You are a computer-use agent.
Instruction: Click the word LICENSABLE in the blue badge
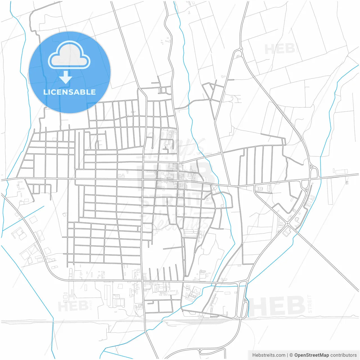[69, 92]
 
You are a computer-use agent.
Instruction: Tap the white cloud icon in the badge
[69, 55]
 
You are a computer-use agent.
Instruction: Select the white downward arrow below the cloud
[66, 77]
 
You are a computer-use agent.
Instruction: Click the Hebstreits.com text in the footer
[269, 355]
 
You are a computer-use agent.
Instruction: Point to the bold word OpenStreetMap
[311, 355]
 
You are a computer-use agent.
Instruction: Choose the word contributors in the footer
[343, 355]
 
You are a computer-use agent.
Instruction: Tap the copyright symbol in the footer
[291, 355]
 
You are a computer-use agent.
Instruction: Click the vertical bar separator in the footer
[287, 355]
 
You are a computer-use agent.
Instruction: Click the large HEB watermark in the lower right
[277, 306]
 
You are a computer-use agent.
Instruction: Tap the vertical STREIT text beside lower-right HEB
[310, 304]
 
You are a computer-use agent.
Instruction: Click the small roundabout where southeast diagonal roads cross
[289, 224]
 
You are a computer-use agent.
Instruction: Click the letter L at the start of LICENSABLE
[45, 92]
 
